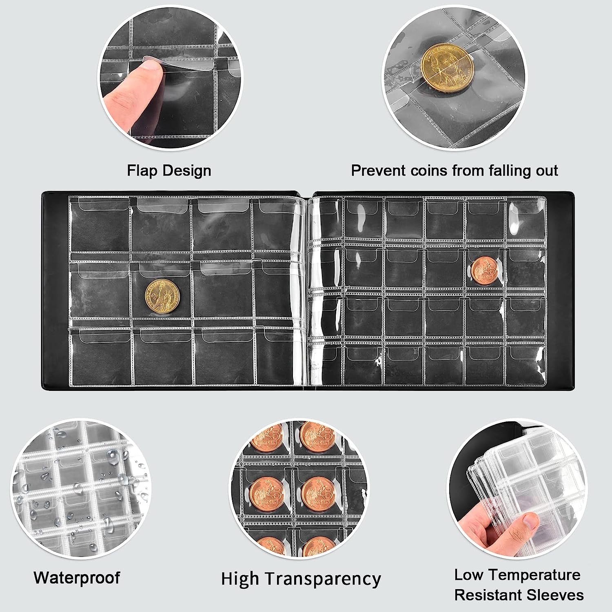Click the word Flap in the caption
click(143, 171)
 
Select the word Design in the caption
click(186, 171)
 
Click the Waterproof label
click(77, 578)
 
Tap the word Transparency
click(323, 579)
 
